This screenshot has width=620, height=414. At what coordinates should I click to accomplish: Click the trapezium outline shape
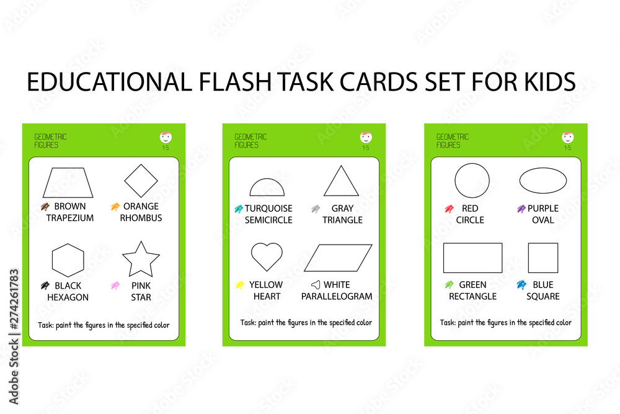[x=68, y=182]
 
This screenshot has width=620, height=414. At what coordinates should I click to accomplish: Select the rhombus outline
[x=141, y=181]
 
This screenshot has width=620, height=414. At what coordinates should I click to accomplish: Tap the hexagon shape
[x=68, y=260]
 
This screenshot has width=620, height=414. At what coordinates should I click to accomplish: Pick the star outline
[x=141, y=259]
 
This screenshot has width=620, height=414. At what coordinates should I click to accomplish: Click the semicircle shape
[x=267, y=188]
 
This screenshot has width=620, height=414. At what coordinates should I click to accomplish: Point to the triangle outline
[x=341, y=182]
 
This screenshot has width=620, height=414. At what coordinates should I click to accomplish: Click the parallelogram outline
[x=338, y=258]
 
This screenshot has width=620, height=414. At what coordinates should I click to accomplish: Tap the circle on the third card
[x=472, y=181]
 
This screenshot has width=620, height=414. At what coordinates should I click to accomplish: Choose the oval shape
[x=542, y=181]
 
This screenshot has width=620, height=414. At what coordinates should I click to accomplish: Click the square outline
[x=542, y=258]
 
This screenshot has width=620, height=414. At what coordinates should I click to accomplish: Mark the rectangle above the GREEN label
[x=472, y=258]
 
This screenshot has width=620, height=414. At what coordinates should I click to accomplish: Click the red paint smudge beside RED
[x=449, y=209]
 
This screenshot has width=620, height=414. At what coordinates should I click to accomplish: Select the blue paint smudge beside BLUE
[x=521, y=285]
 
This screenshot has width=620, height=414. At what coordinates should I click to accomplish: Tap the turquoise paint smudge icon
[x=238, y=209]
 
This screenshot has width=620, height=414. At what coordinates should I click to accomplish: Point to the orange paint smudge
[x=115, y=207]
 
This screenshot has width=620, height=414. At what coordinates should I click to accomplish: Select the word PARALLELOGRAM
[x=337, y=297]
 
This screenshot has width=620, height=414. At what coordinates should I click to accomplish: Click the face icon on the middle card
[x=366, y=137]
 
